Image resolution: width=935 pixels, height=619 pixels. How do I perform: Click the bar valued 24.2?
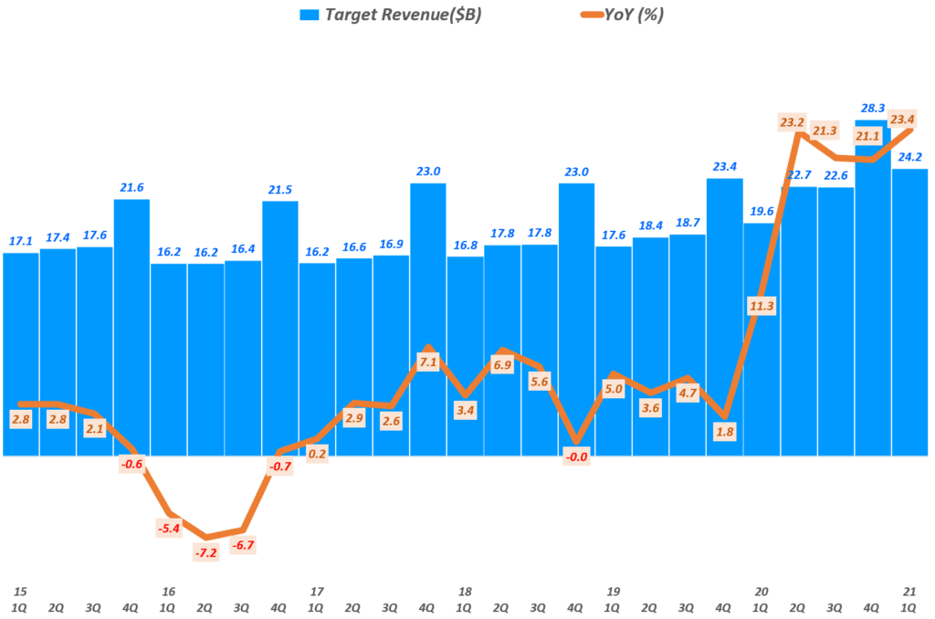(x=909, y=310)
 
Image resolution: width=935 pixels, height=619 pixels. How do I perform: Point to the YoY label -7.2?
(x=205, y=552)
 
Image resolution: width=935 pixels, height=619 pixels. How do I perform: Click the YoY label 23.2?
(x=793, y=121)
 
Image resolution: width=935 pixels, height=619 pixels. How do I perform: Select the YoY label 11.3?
(x=762, y=306)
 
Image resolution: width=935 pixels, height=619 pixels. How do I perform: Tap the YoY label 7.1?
(x=427, y=362)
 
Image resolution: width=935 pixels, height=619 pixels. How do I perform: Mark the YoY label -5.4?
(x=168, y=528)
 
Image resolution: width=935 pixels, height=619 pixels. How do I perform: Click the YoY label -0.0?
(x=576, y=456)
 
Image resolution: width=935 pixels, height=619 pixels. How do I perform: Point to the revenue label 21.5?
(x=279, y=189)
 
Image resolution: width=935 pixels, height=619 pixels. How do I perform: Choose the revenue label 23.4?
(x=725, y=166)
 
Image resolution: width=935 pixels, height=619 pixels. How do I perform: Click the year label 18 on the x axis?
(x=465, y=591)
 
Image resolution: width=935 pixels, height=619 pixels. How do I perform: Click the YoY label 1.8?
(x=725, y=431)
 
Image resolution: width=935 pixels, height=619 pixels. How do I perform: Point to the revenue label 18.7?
(x=688, y=222)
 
